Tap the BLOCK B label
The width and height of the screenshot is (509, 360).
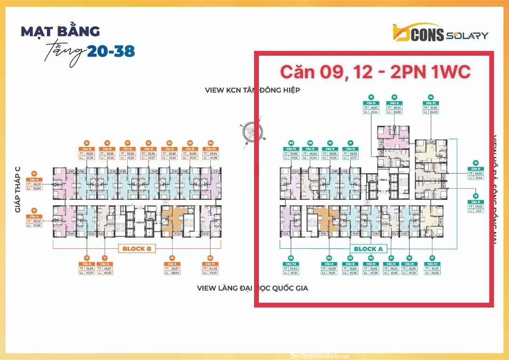pyautogui.click(x=137, y=248)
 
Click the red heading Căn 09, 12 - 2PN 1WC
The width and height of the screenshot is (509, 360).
pyautogui.click(x=375, y=72)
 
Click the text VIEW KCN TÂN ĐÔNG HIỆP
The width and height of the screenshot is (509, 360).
pyautogui.click(x=252, y=90)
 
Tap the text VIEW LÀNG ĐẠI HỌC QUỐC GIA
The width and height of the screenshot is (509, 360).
pyautogui.click(x=252, y=287)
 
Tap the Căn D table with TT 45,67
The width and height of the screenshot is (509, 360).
pyautogui.click(x=105, y=270)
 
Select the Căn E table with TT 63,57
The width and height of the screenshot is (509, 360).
pyautogui.click(x=172, y=270)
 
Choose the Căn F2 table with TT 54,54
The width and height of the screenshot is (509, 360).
pyautogui.click(x=291, y=270)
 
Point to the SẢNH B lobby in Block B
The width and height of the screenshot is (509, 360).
pyautogui.click(x=139, y=221)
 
